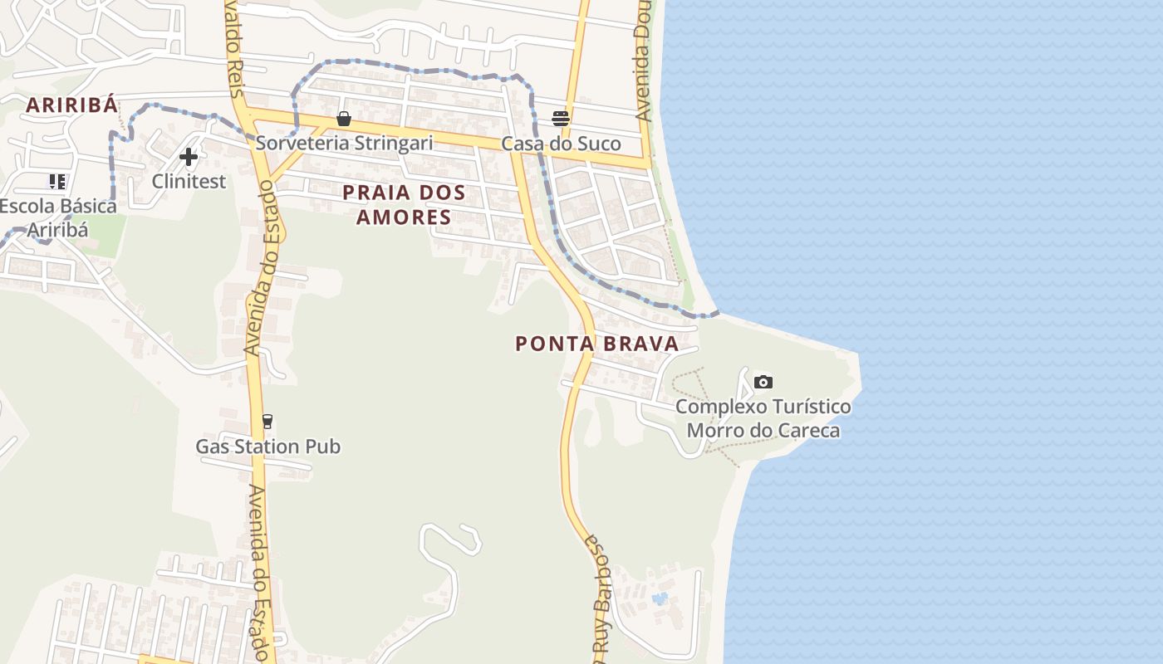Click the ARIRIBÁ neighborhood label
71,105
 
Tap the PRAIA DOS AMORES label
405,205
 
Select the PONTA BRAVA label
596,344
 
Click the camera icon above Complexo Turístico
763,382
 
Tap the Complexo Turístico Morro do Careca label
763,418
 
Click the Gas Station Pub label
267,447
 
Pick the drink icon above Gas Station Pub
267,422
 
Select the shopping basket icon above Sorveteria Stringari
344,119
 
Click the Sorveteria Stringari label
344,143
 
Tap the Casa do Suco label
561,144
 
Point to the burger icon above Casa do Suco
561,118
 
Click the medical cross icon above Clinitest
189,156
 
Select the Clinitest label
189,181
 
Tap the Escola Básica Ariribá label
58,217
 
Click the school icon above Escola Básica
56,181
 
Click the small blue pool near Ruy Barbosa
660,598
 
